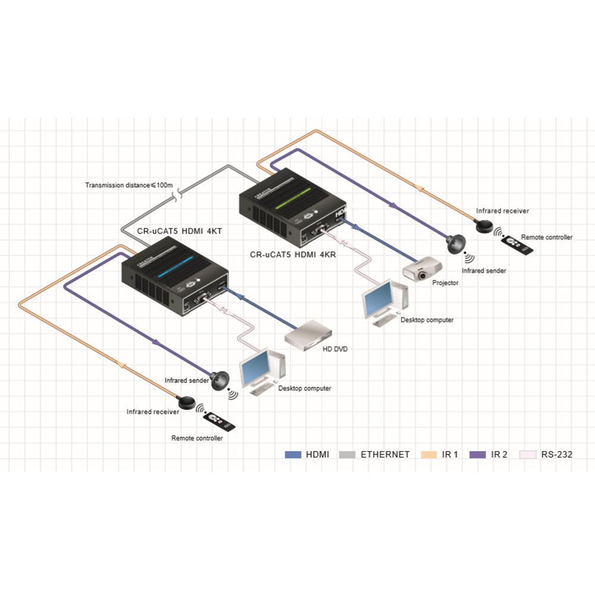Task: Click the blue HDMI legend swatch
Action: [293, 455]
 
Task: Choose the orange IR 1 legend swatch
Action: [428, 455]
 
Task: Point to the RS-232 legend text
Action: [556, 455]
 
